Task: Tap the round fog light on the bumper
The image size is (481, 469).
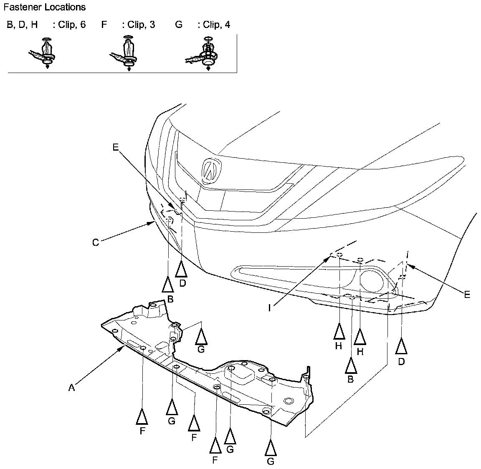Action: (x=373, y=281)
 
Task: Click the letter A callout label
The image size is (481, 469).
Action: (x=71, y=388)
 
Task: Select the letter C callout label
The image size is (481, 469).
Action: (x=96, y=242)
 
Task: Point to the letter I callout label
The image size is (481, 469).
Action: (x=270, y=308)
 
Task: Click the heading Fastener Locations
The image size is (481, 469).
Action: (x=44, y=7)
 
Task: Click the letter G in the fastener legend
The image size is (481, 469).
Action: (x=179, y=25)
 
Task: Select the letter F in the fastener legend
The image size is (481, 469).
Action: (x=104, y=25)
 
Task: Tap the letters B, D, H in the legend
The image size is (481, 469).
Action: (x=22, y=25)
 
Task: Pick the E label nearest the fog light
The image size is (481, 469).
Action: (x=467, y=295)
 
